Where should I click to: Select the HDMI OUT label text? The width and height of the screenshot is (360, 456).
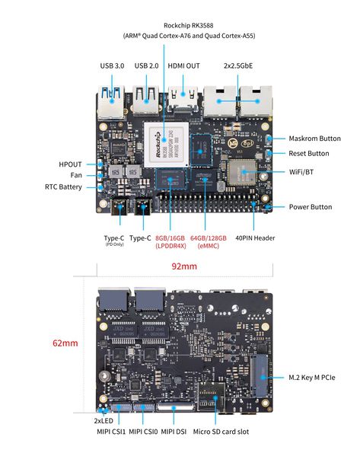pos(183,65)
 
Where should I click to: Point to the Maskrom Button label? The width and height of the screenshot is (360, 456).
pos(314,139)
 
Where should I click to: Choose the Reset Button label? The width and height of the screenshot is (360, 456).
pos(309,153)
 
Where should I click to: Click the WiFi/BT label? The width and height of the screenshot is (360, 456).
pos(302,173)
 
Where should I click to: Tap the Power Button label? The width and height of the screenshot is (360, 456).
pos(311,206)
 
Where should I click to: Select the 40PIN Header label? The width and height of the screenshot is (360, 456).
pos(255,238)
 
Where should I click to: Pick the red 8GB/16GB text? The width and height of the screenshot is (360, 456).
pos(170,238)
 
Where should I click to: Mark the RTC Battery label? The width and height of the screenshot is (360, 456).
pos(63,187)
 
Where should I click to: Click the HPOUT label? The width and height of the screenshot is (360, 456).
pos(71,164)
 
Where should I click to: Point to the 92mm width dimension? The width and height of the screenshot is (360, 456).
pos(184,266)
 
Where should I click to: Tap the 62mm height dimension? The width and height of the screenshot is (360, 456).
pos(65,343)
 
